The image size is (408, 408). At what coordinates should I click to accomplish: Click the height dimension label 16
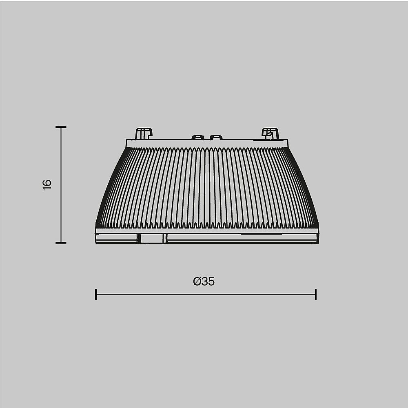(47, 184)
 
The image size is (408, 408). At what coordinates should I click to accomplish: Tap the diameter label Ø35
(204, 282)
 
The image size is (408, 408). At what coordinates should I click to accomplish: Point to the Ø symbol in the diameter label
(197, 282)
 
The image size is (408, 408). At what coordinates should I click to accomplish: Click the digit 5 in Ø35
(211, 282)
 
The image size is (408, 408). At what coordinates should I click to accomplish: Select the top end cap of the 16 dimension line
(61, 127)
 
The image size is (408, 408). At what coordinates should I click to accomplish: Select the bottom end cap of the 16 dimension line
(61, 243)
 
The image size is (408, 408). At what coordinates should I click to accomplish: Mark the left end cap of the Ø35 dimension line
(96, 294)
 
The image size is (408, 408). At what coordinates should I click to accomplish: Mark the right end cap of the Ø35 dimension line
(316, 294)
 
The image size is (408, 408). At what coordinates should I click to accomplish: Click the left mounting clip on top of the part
(143, 133)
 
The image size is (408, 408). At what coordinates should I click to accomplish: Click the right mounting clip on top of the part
(270, 133)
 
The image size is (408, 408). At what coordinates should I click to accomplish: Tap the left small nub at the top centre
(198, 137)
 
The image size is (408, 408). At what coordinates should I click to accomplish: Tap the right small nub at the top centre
(216, 137)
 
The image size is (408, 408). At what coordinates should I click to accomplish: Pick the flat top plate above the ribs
(207, 143)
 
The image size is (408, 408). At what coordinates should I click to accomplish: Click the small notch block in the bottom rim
(152, 239)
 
